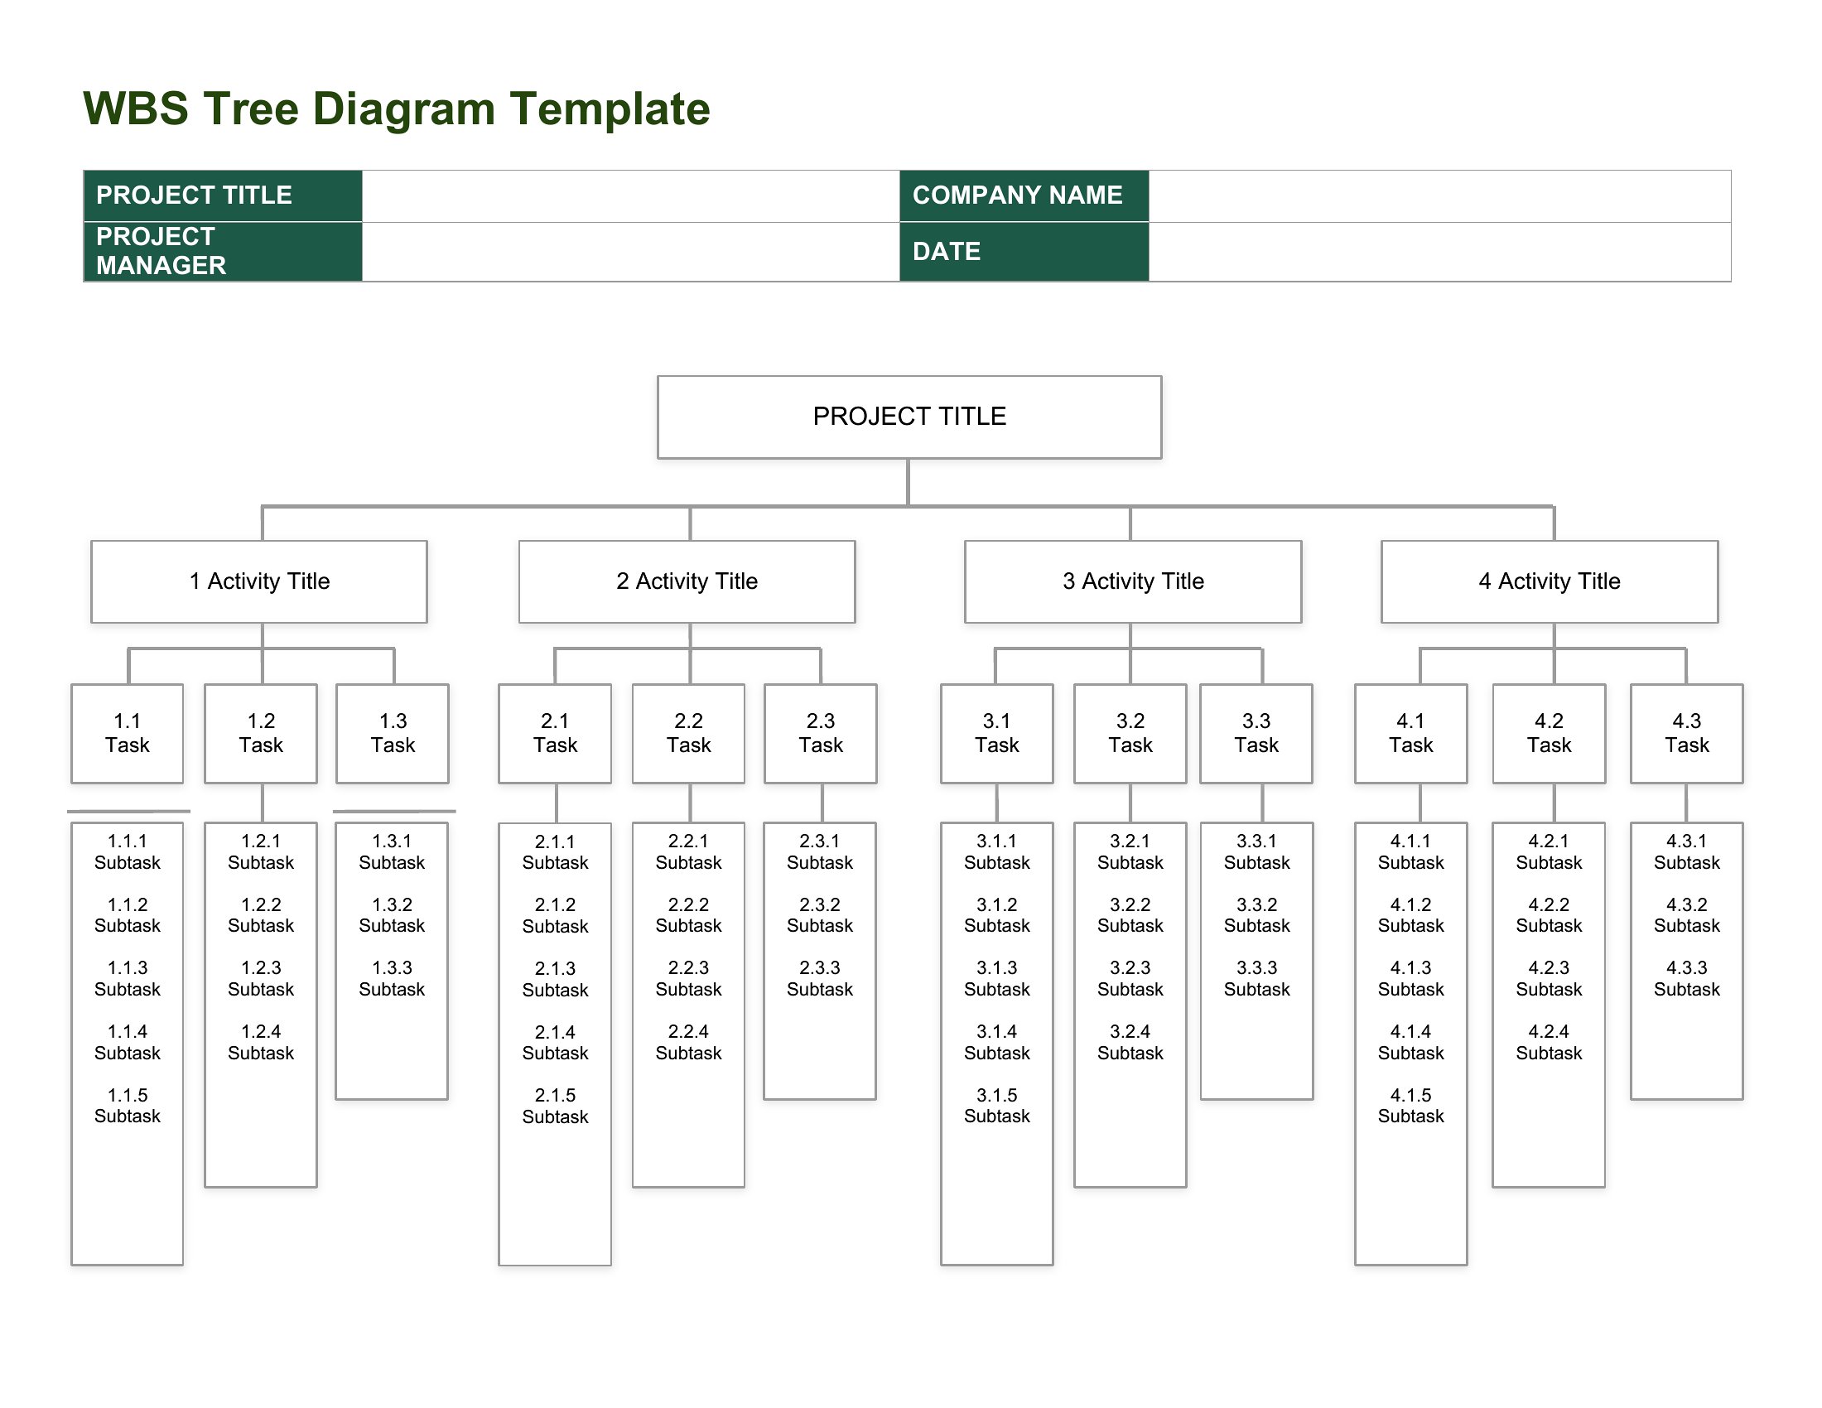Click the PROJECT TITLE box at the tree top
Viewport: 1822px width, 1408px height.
point(909,417)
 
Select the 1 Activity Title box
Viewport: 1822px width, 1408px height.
point(258,581)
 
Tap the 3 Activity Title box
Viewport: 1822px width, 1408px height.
point(1133,581)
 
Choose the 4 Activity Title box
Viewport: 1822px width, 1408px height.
point(1550,581)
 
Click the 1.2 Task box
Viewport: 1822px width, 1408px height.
point(261,733)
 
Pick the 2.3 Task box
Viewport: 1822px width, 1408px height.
point(820,733)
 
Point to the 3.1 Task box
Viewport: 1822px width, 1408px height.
point(997,733)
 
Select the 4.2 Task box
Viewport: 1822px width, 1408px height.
point(1550,733)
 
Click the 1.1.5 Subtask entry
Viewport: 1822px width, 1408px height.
point(127,1105)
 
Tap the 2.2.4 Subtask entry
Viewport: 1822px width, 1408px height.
point(688,1042)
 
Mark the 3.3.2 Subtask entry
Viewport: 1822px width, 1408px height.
point(1256,915)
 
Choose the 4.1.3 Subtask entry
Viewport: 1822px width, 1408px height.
point(1410,978)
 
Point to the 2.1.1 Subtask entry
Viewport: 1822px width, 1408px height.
point(555,851)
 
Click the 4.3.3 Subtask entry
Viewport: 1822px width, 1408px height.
point(1687,978)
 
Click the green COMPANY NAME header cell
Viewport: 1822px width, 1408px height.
point(1024,196)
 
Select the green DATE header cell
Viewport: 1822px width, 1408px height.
point(1024,252)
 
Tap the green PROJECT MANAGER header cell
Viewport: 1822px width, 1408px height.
point(223,252)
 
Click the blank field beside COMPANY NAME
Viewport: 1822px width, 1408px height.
point(1440,196)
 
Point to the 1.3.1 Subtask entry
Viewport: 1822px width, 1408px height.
point(392,851)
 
